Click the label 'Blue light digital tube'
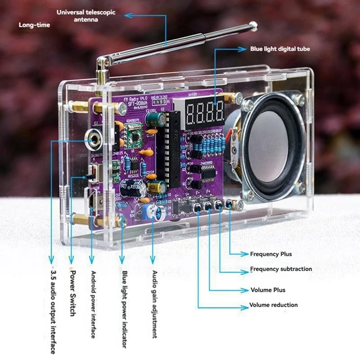tap(280, 49)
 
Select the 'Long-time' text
tap(34, 25)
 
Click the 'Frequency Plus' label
tap(271, 254)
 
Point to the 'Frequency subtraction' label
tap(281, 269)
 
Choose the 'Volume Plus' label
tap(268, 290)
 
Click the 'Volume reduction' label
tap(274, 305)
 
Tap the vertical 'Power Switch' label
tap(72, 293)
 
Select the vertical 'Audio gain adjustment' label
tap(154, 304)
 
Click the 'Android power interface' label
tap(93, 304)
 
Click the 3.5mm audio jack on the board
tap(94, 138)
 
